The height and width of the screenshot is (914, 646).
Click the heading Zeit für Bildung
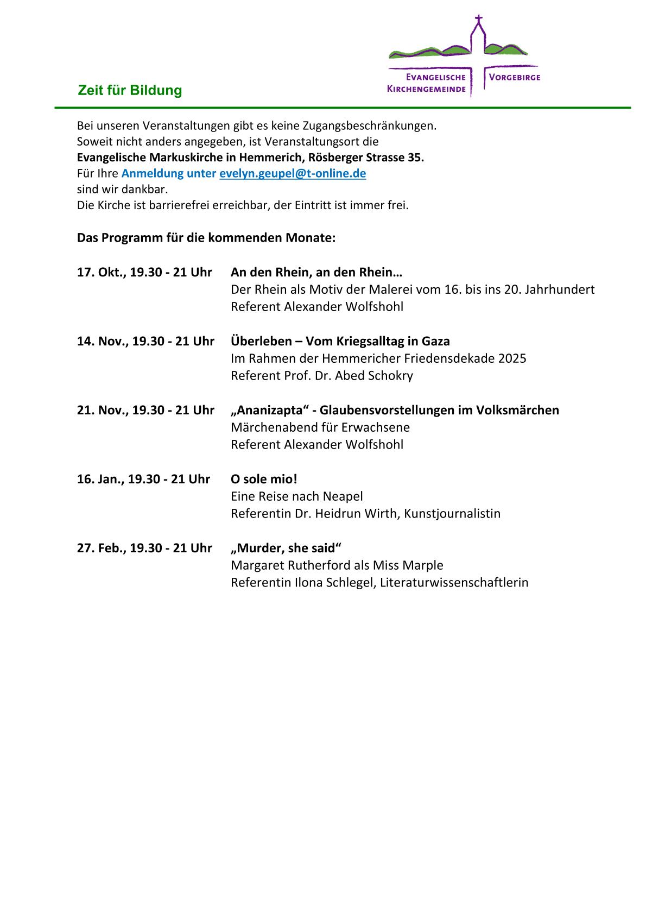point(130,90)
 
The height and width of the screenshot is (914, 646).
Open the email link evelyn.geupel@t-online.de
point(293,174)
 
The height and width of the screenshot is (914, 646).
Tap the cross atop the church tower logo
point(478,20)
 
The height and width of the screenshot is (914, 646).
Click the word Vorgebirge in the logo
point(514,77)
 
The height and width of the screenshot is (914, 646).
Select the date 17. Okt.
point(101,272)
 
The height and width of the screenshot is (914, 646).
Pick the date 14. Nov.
point(102,341)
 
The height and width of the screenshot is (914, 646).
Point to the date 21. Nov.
point(102,410)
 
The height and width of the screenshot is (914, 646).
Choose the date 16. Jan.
point(100,479)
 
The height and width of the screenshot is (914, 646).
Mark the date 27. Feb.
point(101,548)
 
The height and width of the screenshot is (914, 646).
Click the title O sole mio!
point(264,479)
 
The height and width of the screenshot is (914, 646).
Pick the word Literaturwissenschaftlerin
point(454,583)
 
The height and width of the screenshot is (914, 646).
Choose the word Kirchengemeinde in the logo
point(426,89)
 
